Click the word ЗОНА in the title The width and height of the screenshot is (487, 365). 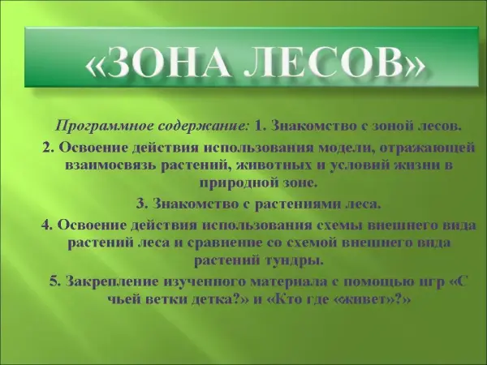(163, 62)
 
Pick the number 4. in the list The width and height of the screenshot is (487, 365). (47, 225)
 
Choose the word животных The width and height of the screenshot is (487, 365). (274, 165)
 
